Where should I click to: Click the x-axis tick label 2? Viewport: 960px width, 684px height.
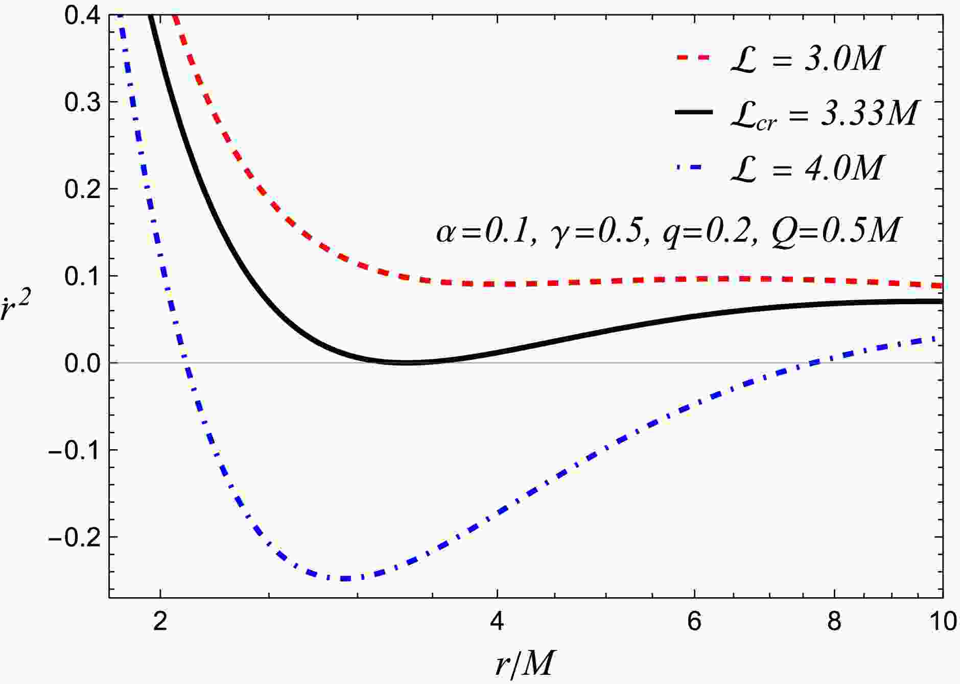pos(160,622)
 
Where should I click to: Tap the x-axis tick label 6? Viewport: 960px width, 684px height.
pos(694,622)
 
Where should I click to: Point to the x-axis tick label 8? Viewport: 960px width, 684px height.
pos(834,622)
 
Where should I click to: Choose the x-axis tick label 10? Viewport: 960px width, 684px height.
pos(942,622)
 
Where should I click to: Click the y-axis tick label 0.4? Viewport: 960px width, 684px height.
pos(83,15)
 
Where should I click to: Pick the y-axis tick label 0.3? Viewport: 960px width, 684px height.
pos(83,102)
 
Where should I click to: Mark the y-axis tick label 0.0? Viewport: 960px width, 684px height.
pos(83,363)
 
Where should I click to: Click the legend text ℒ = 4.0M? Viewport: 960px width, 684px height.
pos(806,168)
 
